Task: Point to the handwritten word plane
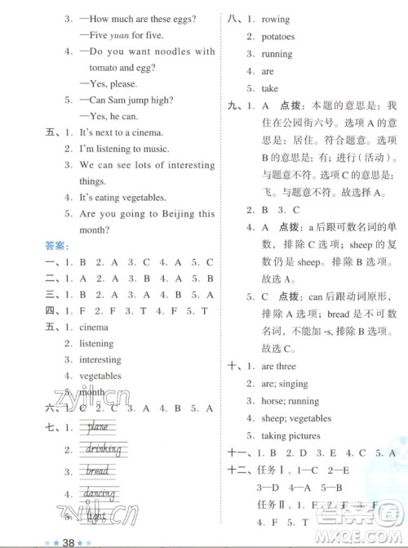point(96,427)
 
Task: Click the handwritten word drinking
point(102,449)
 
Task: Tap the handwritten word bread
point(97,471)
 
